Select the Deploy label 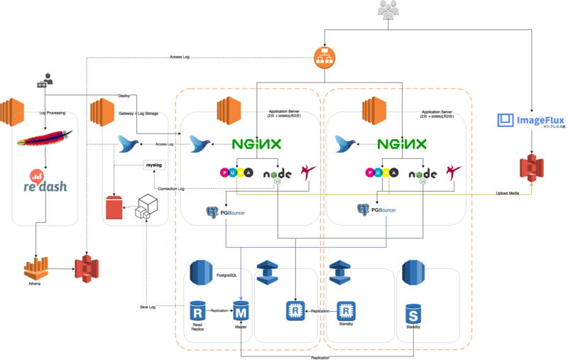click(124, 94)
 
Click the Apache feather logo click(44, 140)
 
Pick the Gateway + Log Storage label click(139, 112)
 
